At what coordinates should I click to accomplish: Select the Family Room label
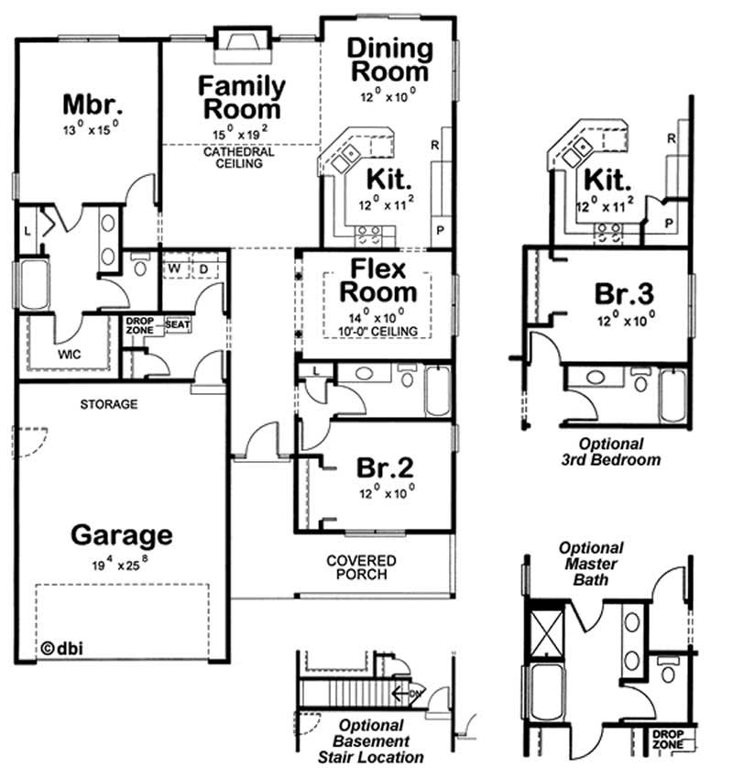click(242, 97)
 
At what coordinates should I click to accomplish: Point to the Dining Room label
click(388, 59)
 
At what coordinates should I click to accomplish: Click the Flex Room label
click(378, 280)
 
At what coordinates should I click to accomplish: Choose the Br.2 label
click(385, 468)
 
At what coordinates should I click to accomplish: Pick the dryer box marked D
click(203, 269)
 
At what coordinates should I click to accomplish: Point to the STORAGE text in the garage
click(108, 403)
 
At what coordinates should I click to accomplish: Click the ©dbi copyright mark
click(61, 647)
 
